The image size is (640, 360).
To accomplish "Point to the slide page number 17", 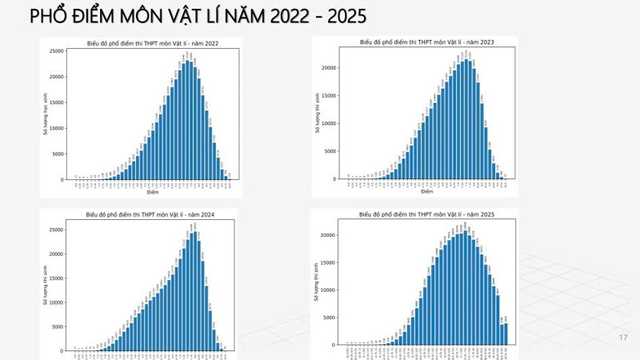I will [x=623, y=338].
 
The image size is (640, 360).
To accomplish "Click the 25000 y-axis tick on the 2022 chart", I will [x=58, y=51].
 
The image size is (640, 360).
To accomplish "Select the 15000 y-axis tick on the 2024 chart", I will [x=58, y=278].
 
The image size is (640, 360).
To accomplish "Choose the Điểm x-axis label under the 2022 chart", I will [x=152, y=193].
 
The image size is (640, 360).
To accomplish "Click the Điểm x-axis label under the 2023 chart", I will [x=426, y=192].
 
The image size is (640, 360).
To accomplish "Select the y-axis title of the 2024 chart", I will [x=46, y=287].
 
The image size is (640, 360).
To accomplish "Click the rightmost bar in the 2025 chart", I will [x=506, y=334].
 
